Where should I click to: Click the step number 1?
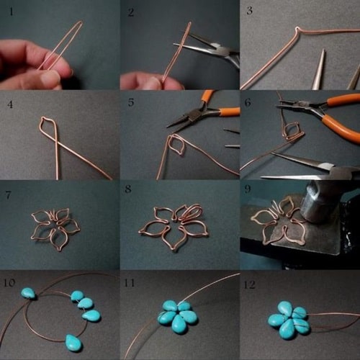[11, 12]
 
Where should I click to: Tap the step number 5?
[131, 102]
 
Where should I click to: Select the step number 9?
[248, 189]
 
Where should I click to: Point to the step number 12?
[249, 284]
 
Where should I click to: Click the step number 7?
[9, 195]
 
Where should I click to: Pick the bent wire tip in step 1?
[81, 22]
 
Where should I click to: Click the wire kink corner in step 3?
[297, 29]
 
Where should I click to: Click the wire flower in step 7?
[55, 228]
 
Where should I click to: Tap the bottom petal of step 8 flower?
[174, 239]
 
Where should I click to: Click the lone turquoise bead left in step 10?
[29, 294]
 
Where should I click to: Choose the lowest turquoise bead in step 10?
[73, 343]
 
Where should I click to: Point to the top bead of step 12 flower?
[285, 309]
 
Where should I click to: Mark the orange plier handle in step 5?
[230, 111]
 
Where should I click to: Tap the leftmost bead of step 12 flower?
[276, 320]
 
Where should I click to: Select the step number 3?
[250, 10]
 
